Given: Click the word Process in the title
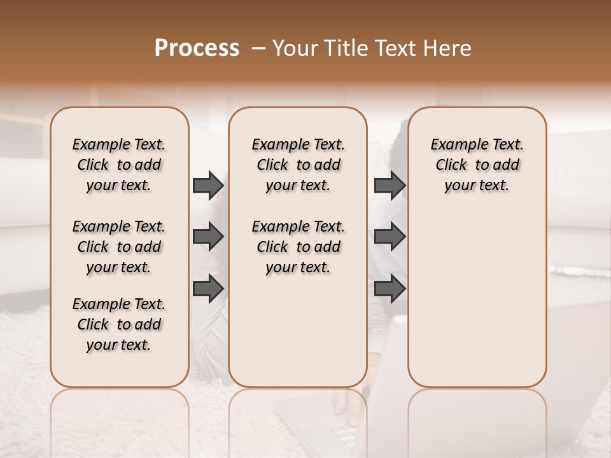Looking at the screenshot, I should coord(197,48).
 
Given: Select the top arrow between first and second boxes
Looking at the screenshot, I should coord(208,186).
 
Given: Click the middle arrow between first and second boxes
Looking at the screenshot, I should coord(208,237).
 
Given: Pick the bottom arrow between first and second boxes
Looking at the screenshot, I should coord(208,289).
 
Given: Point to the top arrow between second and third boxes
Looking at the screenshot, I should coord(390,186).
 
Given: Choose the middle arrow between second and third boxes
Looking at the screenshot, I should coord(390,237).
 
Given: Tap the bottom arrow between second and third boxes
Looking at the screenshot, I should coord(390,289).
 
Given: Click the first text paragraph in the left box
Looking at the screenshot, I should coord(119,165).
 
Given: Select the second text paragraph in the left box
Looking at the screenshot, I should coord(119,247).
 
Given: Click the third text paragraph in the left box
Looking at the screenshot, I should coord(119,324).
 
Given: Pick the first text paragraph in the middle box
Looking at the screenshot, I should coord(298,165).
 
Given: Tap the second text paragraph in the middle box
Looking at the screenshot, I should coord(298,247).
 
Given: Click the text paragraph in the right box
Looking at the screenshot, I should coord(477,165).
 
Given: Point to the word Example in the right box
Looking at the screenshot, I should coord(454,145).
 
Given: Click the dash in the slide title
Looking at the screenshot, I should coord(258,48).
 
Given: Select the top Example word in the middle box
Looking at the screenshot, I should coord(276,145).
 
